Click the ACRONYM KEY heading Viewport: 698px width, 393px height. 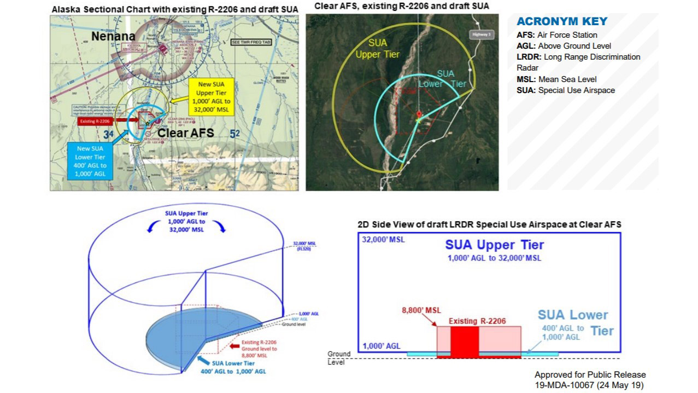click(562, 22)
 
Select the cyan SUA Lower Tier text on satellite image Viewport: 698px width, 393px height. click(443, 79)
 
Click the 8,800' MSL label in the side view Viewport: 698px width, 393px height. click(421, 311)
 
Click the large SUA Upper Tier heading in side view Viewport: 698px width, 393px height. click(494, 245)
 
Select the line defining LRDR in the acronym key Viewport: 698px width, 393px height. click(578, 62)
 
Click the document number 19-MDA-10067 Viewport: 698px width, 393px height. click(590, 386)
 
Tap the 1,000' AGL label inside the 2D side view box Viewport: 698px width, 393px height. click(381, 346)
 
